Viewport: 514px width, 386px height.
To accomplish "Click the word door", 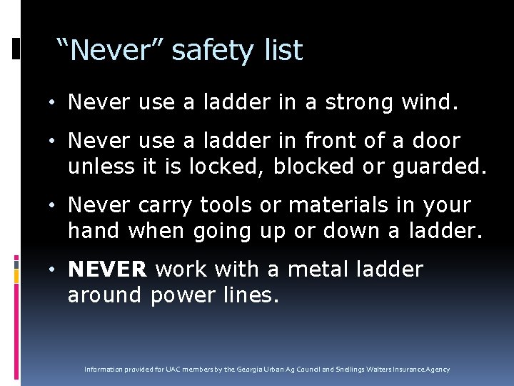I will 435,141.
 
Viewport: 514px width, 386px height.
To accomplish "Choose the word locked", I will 226,167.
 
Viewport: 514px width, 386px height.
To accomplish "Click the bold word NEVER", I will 107,269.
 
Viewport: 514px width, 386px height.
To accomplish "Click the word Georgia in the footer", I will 253,370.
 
